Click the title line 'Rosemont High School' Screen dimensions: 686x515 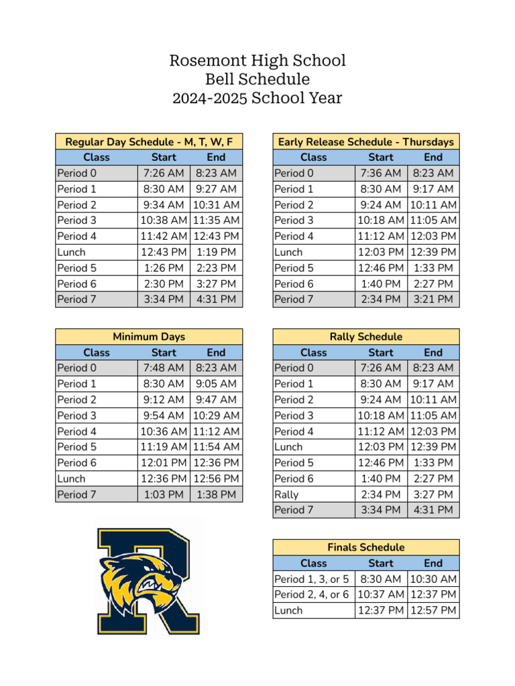pos(257,61)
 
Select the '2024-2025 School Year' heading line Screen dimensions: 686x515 pos(257,98)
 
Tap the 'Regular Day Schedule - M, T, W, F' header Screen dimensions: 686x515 pos(149,142)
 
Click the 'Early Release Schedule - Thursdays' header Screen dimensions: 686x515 pos(366,142)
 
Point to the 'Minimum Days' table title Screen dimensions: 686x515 pos(149,337)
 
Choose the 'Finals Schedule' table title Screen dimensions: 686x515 pos(366,547)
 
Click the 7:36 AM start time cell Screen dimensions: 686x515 pos(381,174)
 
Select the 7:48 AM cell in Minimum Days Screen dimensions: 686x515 pos(164,368)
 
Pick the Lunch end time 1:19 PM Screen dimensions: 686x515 pos(216,253)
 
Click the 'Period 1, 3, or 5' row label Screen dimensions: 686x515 pos(312,579)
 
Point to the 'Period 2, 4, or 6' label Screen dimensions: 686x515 pos(312,594)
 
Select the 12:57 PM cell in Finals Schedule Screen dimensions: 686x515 pos(433,610)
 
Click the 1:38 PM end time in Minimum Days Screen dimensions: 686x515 pos(216,494)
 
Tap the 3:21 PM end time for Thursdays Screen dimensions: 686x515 pos(433,299)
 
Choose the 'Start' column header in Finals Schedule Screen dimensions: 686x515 pos(381,563)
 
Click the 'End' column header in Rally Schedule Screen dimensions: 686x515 pos(433,352)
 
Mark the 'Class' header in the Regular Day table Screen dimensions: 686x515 pos(97,157)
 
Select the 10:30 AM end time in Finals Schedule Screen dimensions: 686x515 pos(433,579)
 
